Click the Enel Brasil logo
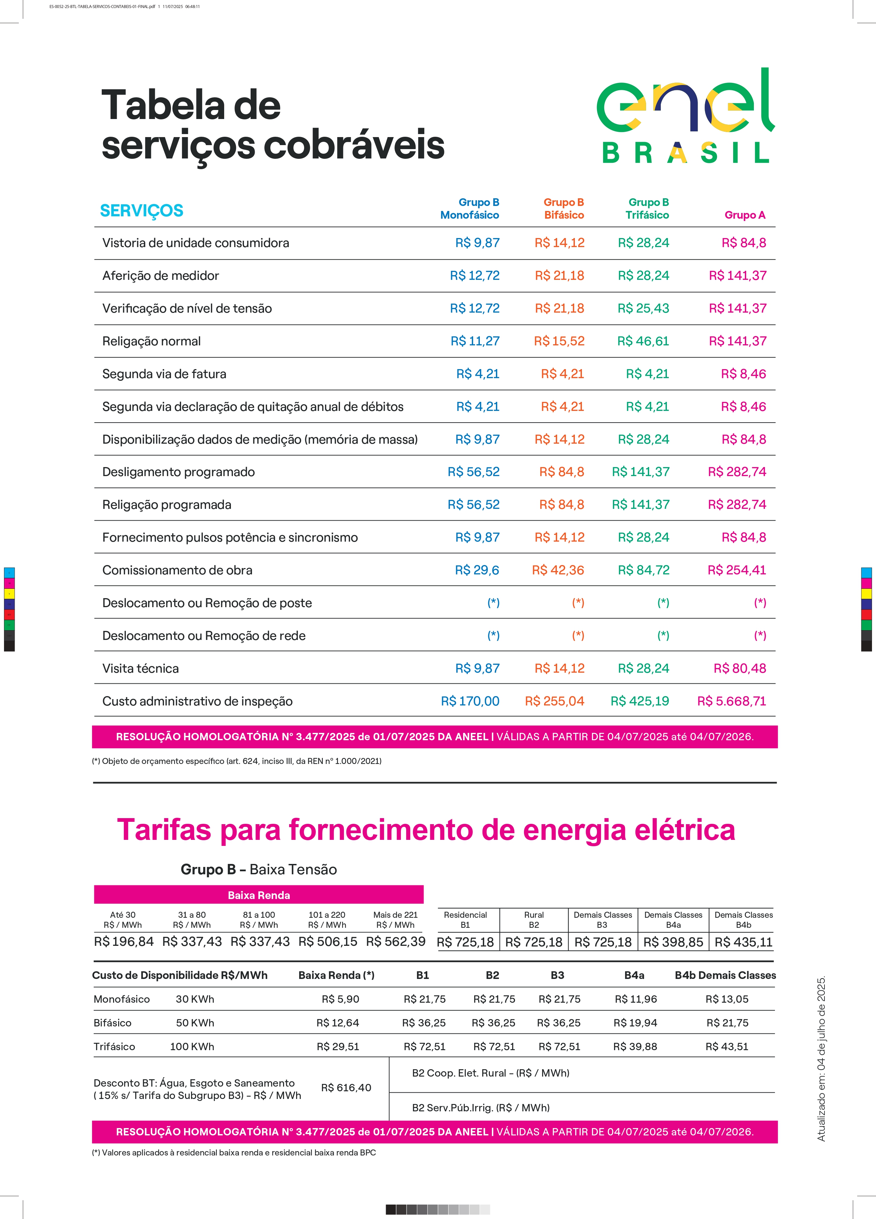[686, 115]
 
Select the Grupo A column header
[745, 215]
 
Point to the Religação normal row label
[152, 341]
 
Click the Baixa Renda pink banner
[259, 895]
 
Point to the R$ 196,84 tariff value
[124, 941]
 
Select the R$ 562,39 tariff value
[396, 941]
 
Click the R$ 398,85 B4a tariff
[673, 942]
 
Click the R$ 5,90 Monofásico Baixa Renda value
[340, 999]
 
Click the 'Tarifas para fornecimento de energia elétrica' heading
[426, 830]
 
